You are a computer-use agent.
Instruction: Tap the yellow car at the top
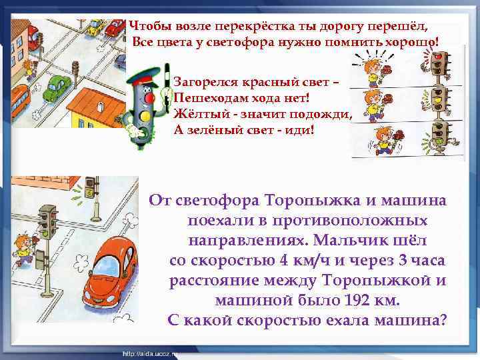94,29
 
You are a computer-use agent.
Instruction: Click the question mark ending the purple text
443,319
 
